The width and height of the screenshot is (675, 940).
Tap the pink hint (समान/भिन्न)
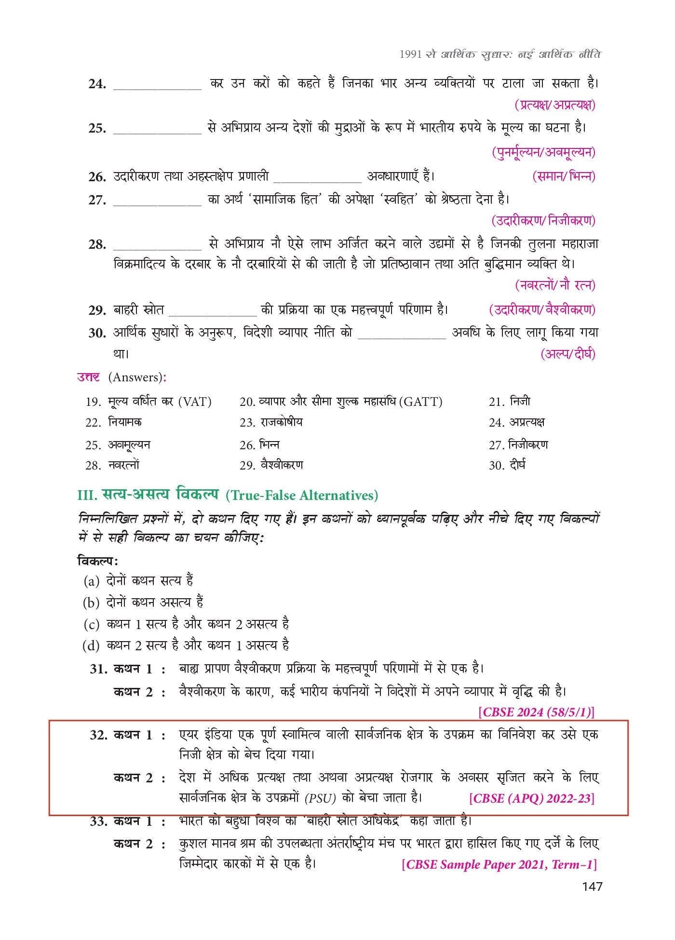click(564, 176)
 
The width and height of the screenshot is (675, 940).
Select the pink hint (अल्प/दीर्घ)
click(568, 354)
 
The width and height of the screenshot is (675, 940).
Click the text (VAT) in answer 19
click(194, 402)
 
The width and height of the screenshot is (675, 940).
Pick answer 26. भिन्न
click(259, 444)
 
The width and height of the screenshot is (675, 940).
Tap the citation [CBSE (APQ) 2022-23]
click(531, 799)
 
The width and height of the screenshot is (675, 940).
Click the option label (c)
click(91, 624)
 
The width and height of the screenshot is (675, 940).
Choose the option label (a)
click(91, 581)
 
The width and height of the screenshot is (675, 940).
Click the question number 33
click(98, 821)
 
